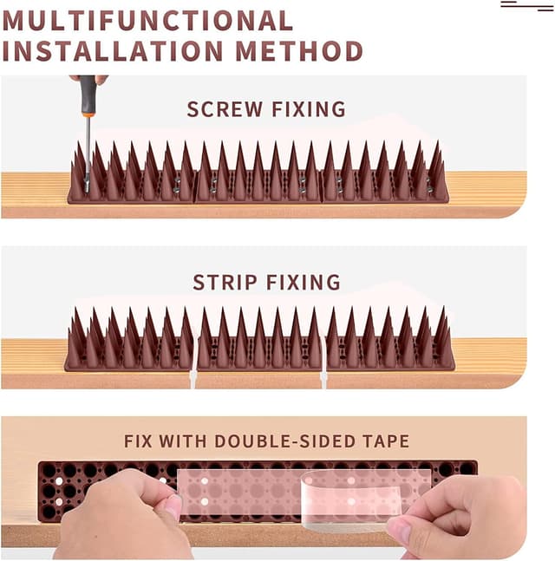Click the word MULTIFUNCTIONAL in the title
tap(147, 21)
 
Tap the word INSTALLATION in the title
tap(113, 51)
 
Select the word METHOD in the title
tap(299, 51)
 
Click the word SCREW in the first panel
tap(225, 109)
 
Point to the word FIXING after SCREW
tap(309, 109)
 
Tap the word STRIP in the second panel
tap(225, 283)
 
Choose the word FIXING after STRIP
tap(304, 283)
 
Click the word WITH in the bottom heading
tap(183, 441)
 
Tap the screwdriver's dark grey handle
tap(88, 93)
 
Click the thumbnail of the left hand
tap(173, 506)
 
